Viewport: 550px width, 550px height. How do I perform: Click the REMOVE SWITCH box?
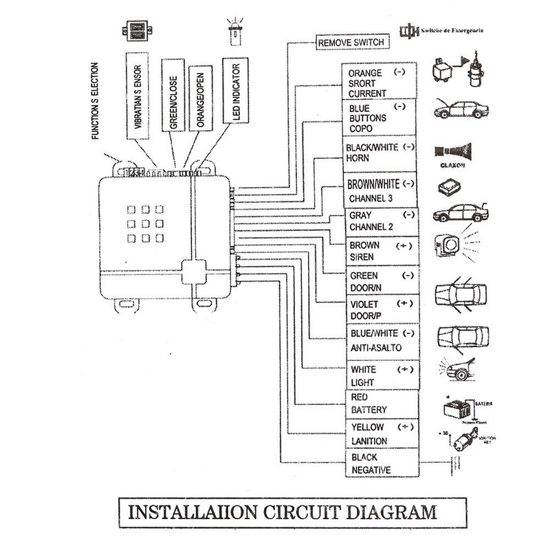point(349,43)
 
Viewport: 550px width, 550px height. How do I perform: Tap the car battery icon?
point(454,408)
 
